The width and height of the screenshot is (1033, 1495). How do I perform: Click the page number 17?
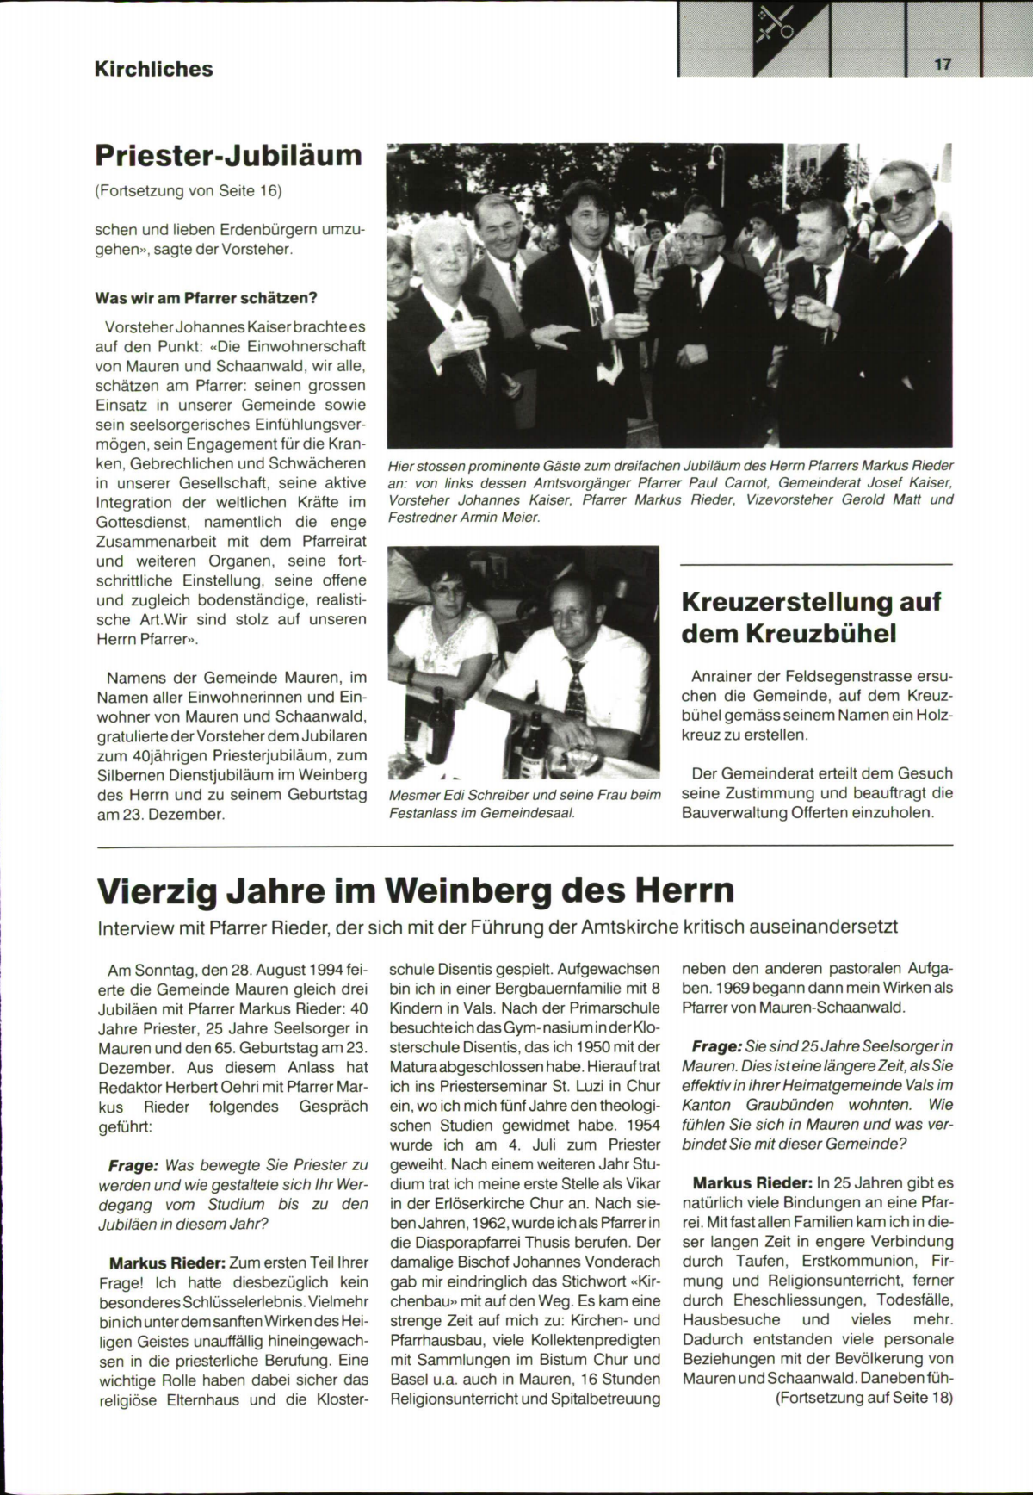(941, 65)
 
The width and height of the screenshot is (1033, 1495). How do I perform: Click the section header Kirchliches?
(154, 69)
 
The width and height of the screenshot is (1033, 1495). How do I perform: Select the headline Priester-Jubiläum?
(229, 156)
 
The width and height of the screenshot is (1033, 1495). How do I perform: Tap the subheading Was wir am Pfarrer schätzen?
(207, 298)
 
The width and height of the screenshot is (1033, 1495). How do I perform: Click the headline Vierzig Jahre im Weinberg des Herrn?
(417, 890)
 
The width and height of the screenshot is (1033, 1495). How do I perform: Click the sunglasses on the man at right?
(900, 200)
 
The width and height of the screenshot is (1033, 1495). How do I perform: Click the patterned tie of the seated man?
(576, 690)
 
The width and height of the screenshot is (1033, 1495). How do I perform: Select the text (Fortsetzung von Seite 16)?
(189, 191)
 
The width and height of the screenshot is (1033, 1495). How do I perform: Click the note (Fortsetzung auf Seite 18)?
(865, 1398)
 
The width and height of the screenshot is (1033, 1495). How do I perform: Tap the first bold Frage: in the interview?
(133, 1165)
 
